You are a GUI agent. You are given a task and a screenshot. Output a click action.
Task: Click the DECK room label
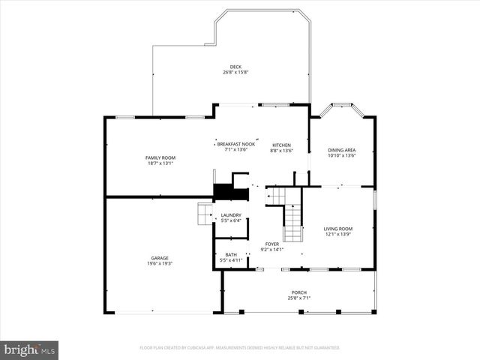point(235,66)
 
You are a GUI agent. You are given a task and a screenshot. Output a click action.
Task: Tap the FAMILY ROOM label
point(160,157)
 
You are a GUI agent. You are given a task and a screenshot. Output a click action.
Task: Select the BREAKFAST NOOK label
point(235,144)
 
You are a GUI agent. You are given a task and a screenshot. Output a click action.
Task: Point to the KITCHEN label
point(281,145)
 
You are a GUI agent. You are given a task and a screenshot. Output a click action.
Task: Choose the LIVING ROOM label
point(337,229)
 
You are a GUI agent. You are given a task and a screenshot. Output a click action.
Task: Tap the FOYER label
point(271,244)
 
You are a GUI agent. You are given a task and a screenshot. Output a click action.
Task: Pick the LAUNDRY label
point(230,215)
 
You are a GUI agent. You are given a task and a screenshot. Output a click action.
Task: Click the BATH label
point(230,254)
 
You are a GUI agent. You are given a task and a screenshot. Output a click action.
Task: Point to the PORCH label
point(299,292)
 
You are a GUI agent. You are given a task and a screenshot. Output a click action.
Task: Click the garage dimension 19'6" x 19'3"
point(160,264)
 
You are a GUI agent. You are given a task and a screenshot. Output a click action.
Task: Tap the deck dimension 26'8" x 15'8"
point(235,72)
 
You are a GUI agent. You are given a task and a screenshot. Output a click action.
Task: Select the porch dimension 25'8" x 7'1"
point(299,298)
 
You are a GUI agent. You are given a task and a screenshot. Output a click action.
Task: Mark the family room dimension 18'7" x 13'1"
point(160,163)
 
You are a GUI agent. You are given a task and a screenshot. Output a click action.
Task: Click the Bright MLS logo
point(30,349)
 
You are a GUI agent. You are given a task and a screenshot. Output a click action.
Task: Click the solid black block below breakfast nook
point(230,192)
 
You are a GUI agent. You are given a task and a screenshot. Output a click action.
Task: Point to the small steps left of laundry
point(205,214)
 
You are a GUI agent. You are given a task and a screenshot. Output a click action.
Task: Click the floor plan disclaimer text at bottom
point(239,348)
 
